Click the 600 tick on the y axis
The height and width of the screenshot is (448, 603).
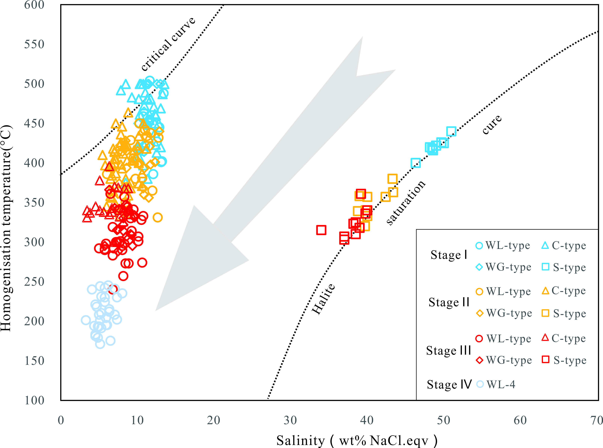[x=34, y=5]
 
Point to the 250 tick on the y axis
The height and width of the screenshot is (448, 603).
[x=34, y=282]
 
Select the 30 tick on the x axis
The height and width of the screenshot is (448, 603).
[x=290, y=420]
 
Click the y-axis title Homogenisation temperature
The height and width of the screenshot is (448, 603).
[x=6, y=228]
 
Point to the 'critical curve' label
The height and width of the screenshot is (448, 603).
[x=168, y=44]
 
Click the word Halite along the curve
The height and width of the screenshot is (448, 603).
[x=323, y=299]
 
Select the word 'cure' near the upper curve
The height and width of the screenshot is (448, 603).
[x=492, y=124]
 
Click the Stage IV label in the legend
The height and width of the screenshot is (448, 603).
[x=449, y=384]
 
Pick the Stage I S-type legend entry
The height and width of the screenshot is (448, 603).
[x=564, y=267]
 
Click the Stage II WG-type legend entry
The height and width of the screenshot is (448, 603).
[x=504, y=313]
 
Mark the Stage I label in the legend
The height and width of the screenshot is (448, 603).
[x=449, y=255]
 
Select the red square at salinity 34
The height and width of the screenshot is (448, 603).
[x=321, y=230]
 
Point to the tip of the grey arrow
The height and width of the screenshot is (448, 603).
[x=156, y=310]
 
